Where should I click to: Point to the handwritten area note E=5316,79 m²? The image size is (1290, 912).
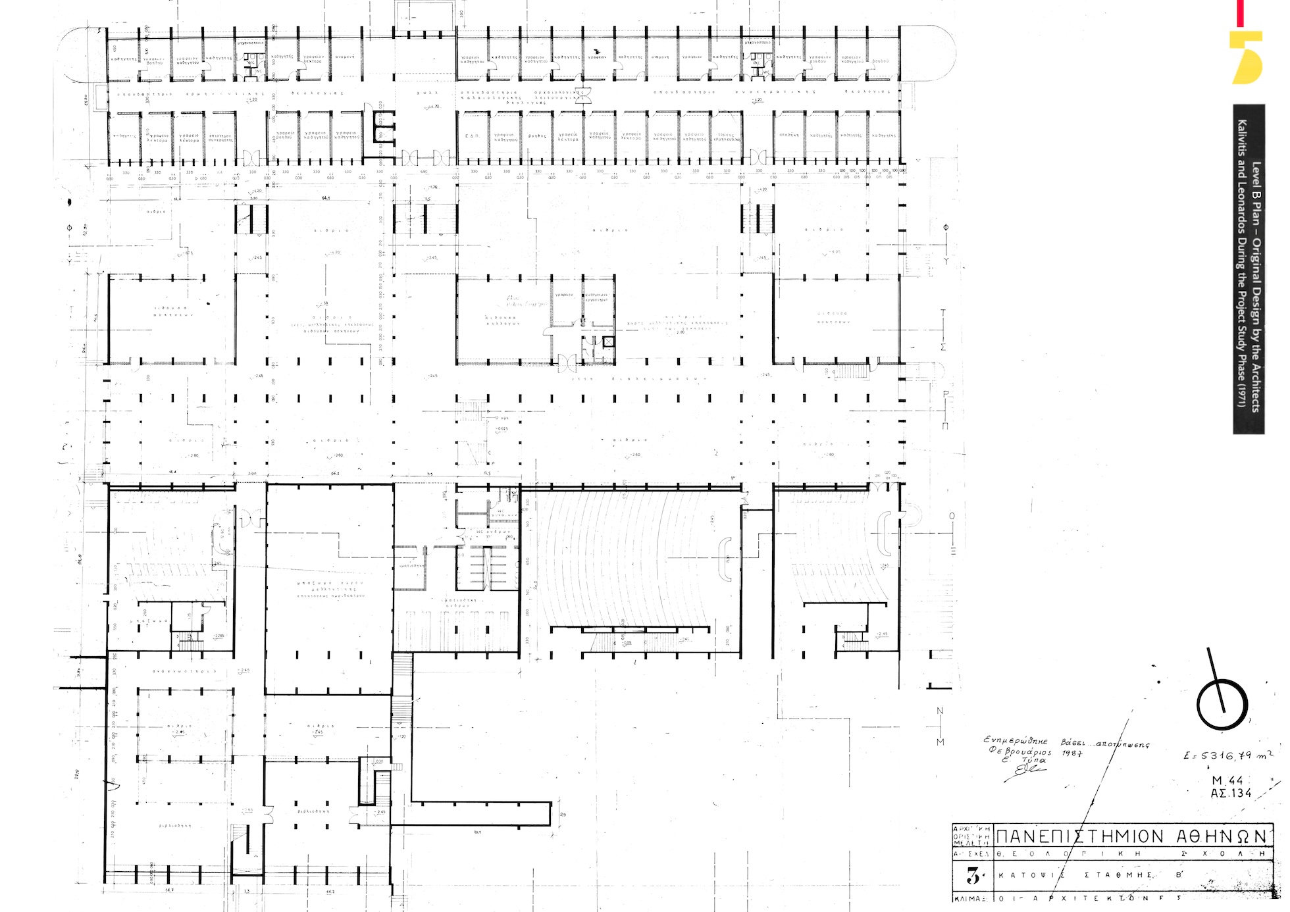[x=1227, y=756]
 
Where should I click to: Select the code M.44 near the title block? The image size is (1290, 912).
[x=1227, y=781]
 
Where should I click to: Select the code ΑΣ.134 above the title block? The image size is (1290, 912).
[x=1231, y=794]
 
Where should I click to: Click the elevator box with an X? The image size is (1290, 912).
[x=608, y=341]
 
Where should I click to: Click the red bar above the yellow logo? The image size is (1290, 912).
[x=1240, y=13]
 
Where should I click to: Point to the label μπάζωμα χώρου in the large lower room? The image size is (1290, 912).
[x=330, y=583]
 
